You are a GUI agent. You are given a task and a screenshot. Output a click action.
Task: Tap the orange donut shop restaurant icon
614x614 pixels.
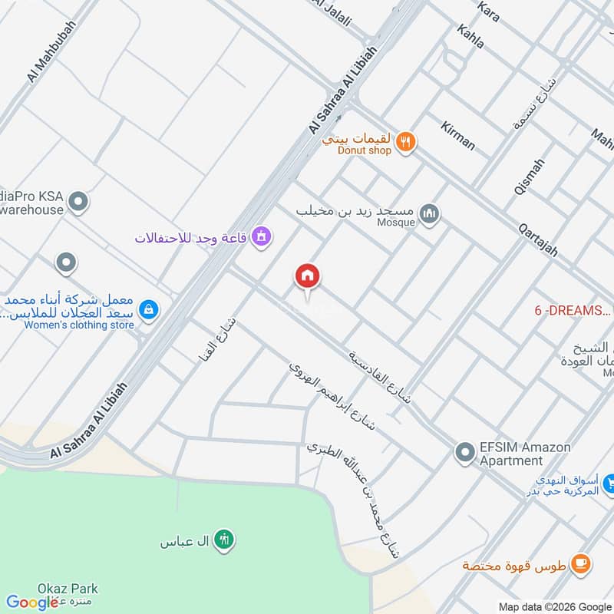tap(407, 140)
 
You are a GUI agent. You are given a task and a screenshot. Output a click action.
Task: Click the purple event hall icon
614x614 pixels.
tap(261, 236)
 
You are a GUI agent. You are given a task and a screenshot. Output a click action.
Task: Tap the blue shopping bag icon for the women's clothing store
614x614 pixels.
tap(150, 310)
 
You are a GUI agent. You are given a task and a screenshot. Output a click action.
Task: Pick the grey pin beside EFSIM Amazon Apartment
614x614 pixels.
tap(464, 453)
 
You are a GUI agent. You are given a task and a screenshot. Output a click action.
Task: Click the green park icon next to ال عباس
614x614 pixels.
tap(223, 540)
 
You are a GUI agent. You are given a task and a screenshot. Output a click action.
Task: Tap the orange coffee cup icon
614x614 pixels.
tap(582, 565)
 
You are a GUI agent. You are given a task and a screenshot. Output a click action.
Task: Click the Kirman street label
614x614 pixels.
tap(458, 135)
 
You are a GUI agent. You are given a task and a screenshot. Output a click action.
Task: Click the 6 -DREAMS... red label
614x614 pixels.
tap(573, 311)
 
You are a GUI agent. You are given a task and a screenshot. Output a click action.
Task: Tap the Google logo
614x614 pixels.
tap(32, 603)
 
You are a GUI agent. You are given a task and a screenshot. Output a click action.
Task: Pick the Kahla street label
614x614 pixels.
tap(470, 36)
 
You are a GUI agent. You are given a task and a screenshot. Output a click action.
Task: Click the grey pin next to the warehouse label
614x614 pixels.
tap(78, 203)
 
